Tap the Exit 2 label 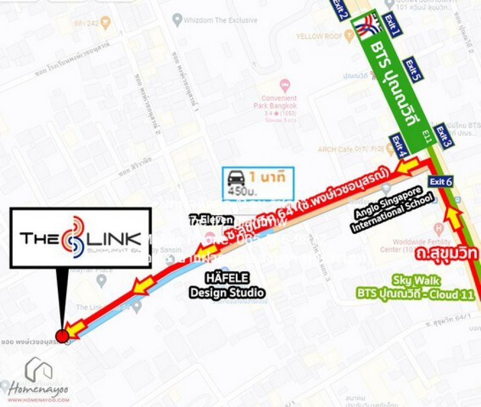(340, 9)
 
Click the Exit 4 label (400, 146)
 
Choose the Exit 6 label (441, 182)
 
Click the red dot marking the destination (63, 335)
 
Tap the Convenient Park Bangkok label (286, 101)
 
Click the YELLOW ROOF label (319, 36)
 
